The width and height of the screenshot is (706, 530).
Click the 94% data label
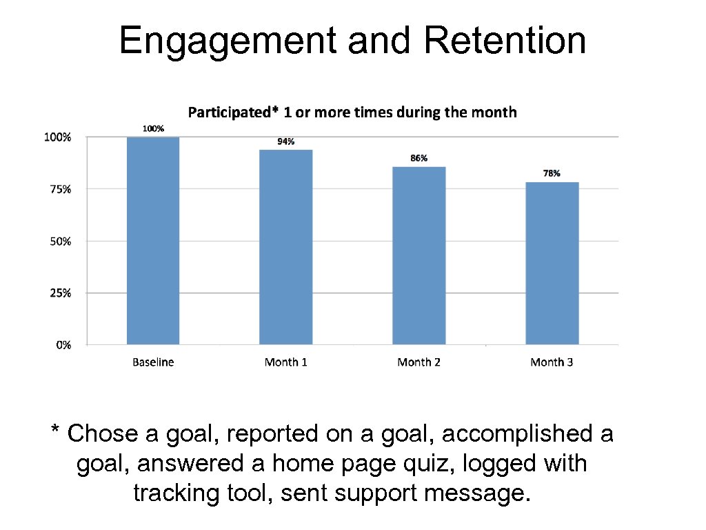(x=286, y=141)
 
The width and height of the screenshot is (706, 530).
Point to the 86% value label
(x=418, y=158)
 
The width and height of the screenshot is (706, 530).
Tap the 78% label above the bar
(x=552, y=174)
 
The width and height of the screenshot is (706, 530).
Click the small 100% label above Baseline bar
(x=153, y=128)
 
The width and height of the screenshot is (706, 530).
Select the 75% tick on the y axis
(x=59, y=189)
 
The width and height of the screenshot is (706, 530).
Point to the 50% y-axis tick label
(x=59, y=242)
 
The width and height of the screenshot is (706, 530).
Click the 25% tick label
(x=59, y=293)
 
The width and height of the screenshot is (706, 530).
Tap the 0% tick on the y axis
(x=63, y=345)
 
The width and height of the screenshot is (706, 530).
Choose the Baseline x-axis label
(x=153, y=362)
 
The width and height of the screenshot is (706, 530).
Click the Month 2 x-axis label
(x=418, y=362)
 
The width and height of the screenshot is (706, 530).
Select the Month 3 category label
(x=552, y=362)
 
